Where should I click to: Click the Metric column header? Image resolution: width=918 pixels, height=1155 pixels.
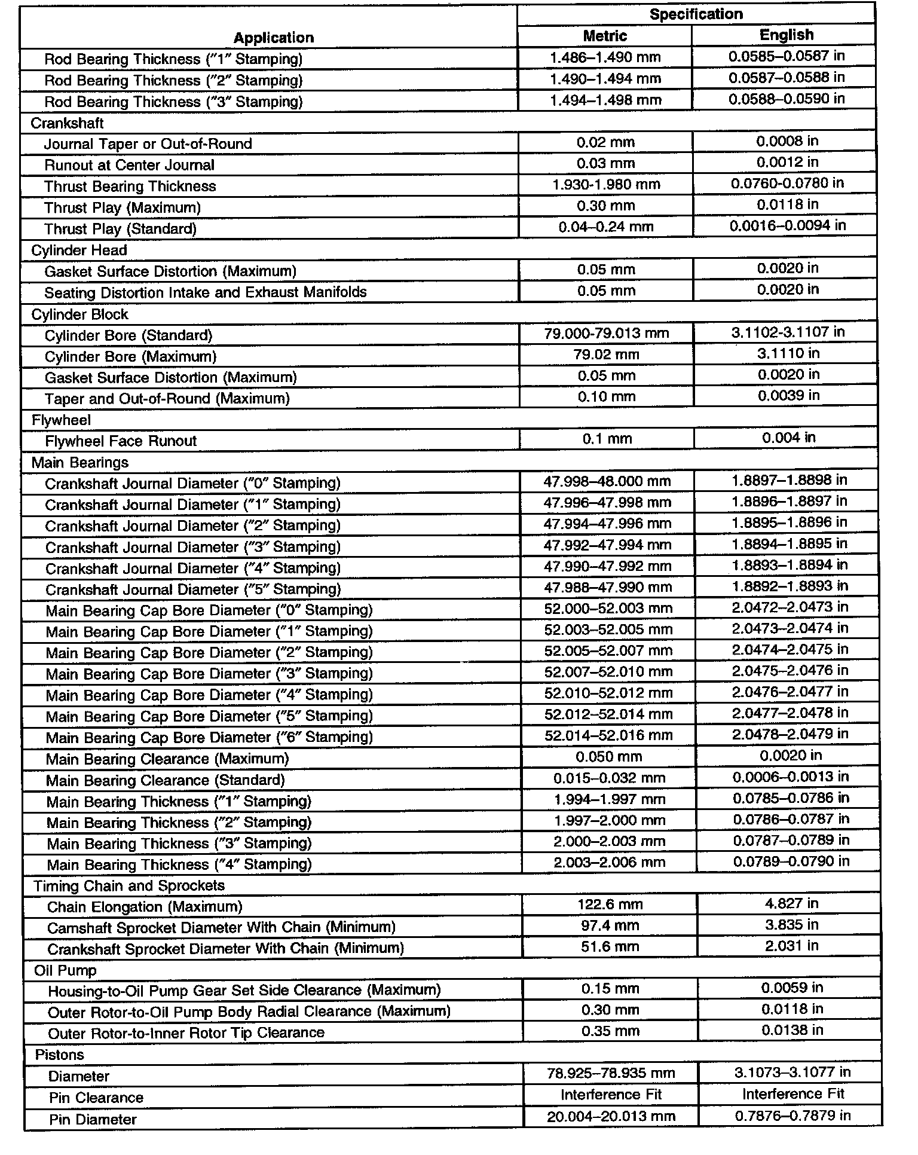pyautogui.click(x=605, y=36)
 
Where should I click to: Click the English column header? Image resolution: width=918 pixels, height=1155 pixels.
pyautogui.click(x=786, y=35)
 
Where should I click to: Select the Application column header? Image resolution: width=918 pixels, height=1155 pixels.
pyautogui.click(x=273, y=38)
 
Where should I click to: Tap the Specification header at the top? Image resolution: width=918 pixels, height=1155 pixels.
pyautogui.click(x=696, y=14)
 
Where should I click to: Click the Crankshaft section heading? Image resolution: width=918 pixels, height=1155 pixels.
pyautogui.click(x=67, y=123)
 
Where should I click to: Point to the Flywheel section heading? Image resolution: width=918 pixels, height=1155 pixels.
pyautogui.click(x=61, y=420)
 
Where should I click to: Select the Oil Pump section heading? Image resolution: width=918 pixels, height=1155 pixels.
pyautogui.click(x=65, y=970)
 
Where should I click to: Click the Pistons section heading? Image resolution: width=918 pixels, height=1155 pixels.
pyautogui.click(x=59, y=1055)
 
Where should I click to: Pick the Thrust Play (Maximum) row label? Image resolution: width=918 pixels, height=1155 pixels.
pyautogui.click(x=122, y=207)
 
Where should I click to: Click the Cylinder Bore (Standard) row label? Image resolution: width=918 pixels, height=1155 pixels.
pyautogui.click(x=128, y=335)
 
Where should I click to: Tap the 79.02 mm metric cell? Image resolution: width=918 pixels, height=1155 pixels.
pyautogui.click(x=607, y=355)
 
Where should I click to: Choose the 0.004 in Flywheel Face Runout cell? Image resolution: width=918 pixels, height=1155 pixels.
pyautogui.click(x=788, y=438)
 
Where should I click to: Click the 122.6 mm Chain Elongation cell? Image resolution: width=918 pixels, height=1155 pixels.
pyautogui.click(x=610, y=904)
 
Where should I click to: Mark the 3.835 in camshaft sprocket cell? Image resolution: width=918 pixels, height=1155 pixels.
pyautogui.click(x=791, y=925)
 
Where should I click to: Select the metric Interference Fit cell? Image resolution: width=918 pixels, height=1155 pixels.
pyautogui.click(x=611, y=1094)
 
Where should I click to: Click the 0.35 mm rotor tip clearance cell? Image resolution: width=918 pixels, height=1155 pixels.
pyautogui.click(x=610, y=1031)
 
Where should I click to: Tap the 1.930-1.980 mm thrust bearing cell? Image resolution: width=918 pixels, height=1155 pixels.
pyautogui.click(x=606, y=184)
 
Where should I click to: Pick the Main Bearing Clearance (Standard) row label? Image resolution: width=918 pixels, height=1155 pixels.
pyautogui.click(x=165, y=780)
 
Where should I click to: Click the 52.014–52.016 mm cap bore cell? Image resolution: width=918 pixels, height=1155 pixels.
pyautogui.click(x=608, y=735)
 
